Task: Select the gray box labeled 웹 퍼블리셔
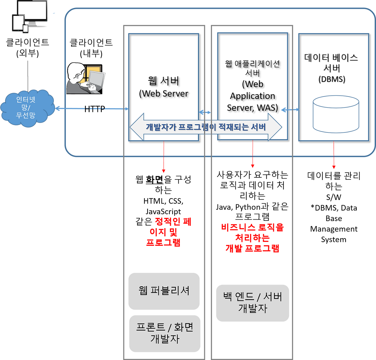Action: (164, 291)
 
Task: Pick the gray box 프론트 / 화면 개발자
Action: (165, 334)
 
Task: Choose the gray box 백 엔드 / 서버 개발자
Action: (253, 303)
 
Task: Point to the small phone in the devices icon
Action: (26, 28)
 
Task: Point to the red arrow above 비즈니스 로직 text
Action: (252, 155)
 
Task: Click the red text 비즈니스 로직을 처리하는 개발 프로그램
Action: (252, 238)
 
